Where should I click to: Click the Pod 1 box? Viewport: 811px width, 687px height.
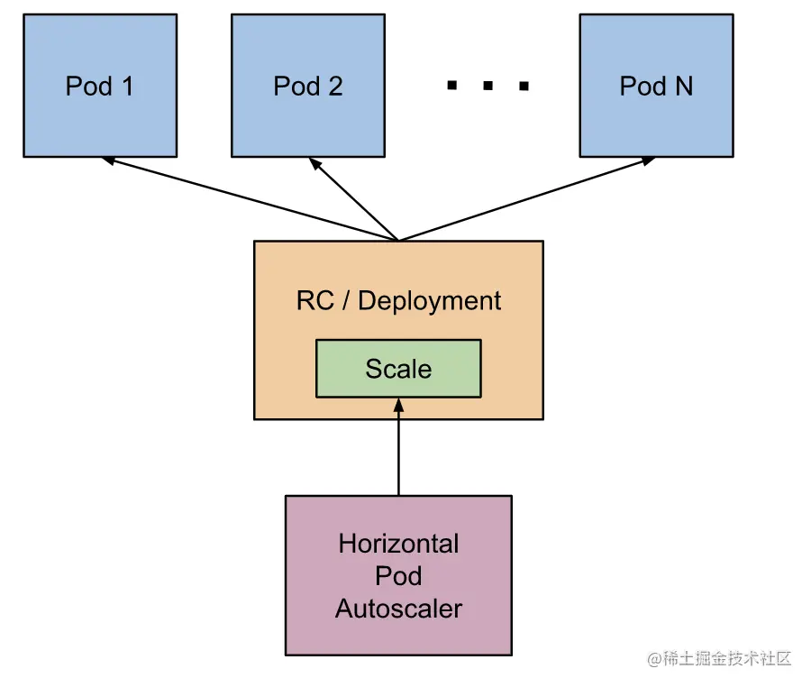[100, 86]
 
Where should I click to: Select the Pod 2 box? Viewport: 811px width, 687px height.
[308, 86]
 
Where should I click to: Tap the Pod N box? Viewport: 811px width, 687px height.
[656, 86]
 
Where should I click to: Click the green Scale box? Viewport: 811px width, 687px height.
[398, 369]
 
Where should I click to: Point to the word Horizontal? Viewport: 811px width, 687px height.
[398, 544]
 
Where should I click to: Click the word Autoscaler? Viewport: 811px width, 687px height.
[398, 609]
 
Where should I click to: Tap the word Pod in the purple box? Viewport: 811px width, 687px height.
[398, 576]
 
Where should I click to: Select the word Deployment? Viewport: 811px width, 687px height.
[430, 300]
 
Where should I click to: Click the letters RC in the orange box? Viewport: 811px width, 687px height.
[314, 300]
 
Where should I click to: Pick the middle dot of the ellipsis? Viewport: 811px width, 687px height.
[488, 87]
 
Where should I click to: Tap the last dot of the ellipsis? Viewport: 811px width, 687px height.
[523, 87]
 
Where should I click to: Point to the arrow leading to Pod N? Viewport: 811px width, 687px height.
[527, 199]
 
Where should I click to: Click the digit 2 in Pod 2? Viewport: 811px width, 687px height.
[335, 86]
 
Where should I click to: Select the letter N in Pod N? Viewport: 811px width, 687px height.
[683, 86]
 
